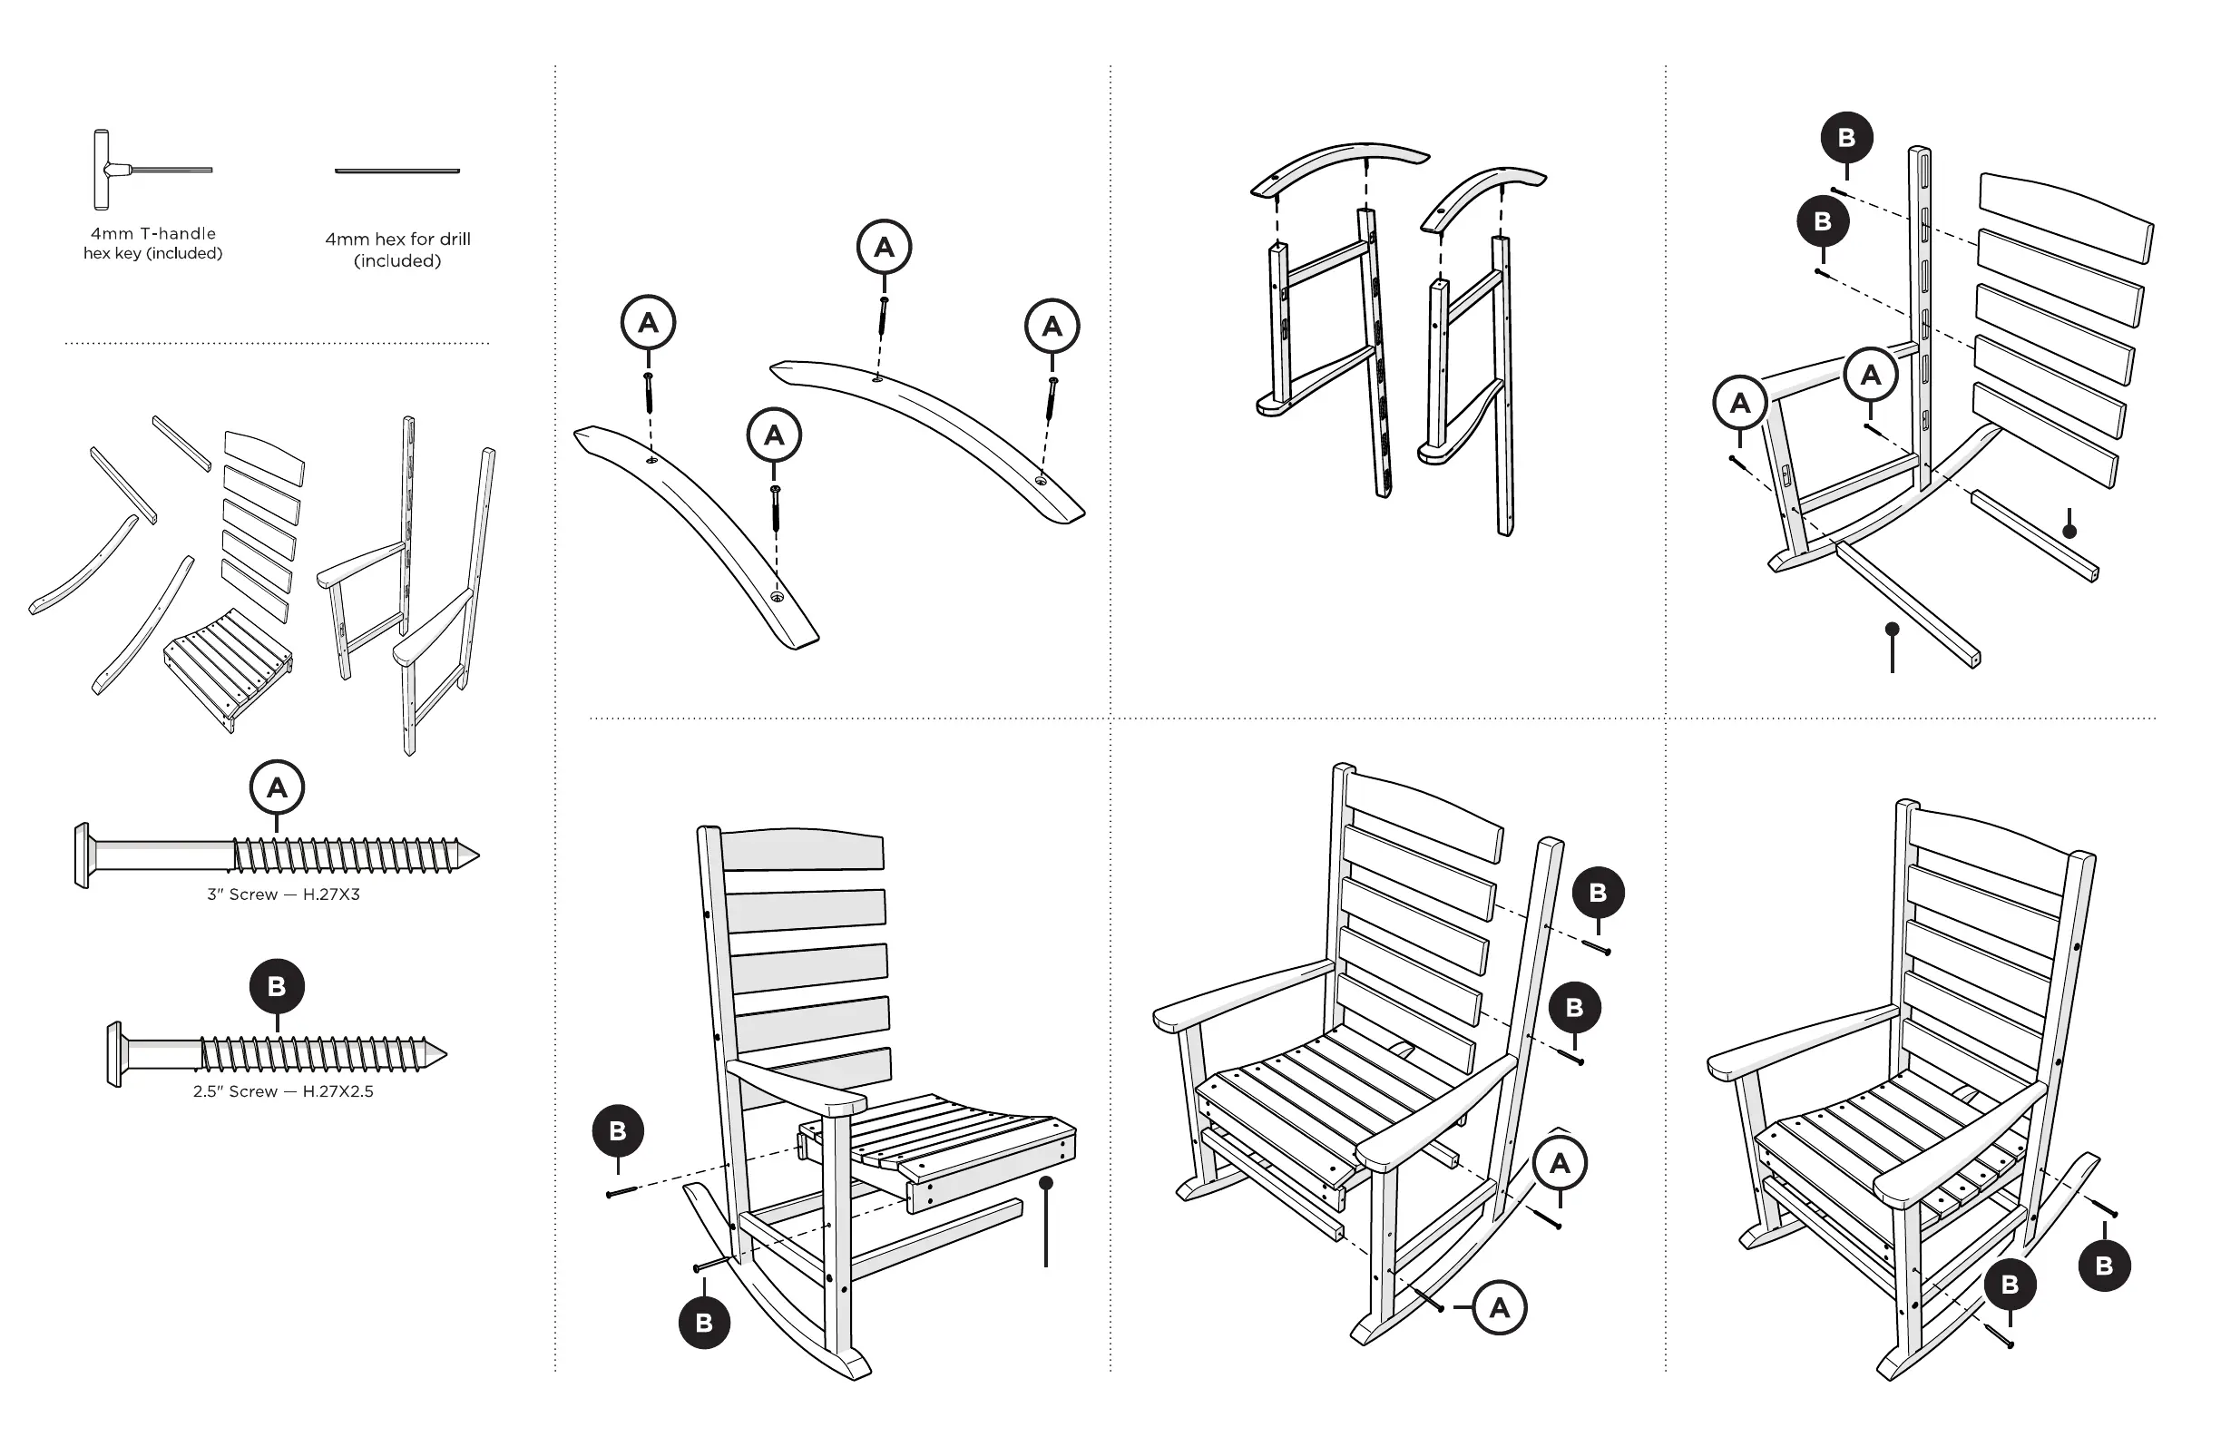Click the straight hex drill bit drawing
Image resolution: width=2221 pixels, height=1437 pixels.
point(397,171)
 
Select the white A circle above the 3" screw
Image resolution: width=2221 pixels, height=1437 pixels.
point(277,787)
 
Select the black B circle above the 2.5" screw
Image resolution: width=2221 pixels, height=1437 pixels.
point(277,986)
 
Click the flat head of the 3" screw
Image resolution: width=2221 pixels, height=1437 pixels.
point(83,855)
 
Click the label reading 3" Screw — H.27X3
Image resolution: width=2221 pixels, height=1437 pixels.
point(283,894)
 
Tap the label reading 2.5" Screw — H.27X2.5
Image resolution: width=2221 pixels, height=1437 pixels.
point(283,1090)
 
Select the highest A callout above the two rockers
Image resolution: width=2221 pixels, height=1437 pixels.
point(884,247)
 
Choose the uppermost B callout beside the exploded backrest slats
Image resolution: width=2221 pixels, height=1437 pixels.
point(1847,138)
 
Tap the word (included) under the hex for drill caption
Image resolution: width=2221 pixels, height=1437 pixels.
point(397,261)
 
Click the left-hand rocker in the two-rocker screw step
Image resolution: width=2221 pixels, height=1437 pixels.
point(695,532)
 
